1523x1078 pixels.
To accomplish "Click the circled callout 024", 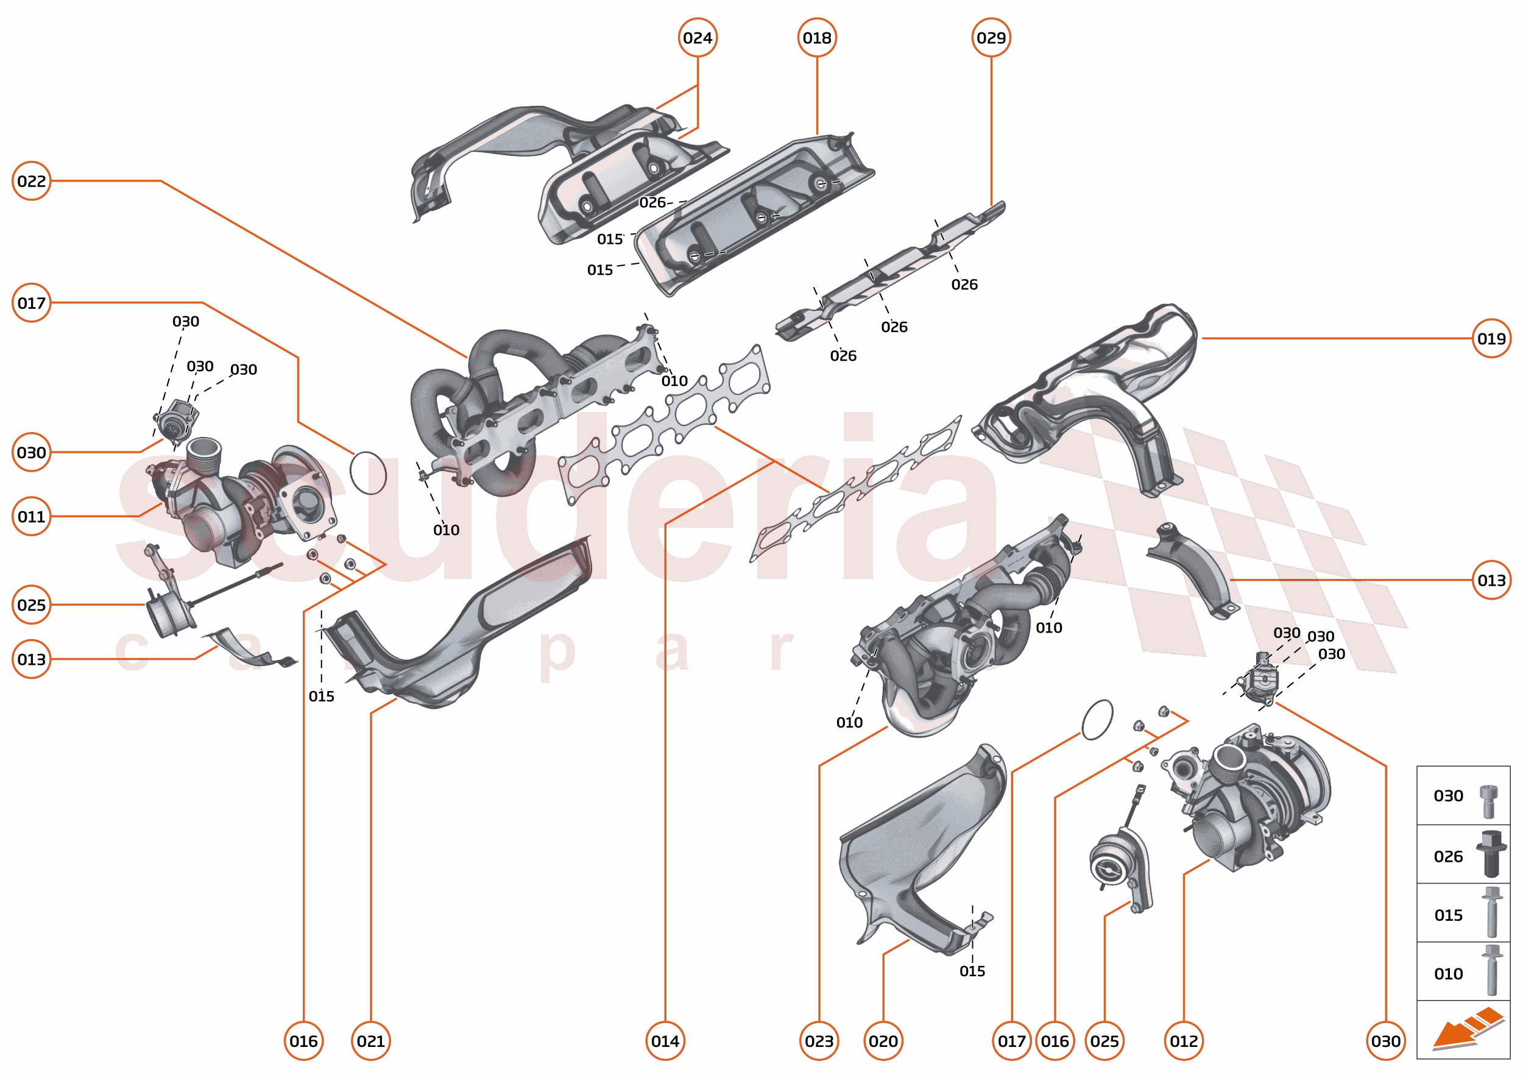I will (697, 38).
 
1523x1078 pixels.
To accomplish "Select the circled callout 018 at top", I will (816, 38).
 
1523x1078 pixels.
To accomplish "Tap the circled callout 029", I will (991, 38).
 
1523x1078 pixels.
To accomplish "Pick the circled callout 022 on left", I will (31, 180).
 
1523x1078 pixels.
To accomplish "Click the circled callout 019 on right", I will (1491, 339).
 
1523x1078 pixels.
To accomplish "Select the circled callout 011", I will (31, 516).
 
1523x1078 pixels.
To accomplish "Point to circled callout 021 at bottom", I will (370, 1041).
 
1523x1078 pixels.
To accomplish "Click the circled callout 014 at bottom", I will (665, 1041).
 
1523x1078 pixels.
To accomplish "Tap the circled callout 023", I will (819, 1041).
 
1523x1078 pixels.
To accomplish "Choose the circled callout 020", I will (883, 1041).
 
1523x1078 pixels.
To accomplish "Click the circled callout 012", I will (1184, 1041).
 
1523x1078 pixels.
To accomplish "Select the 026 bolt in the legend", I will (1491, 855).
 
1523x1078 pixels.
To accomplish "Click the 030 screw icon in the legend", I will (1488, 801).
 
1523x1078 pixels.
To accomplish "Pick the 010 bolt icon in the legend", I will (1492, 971).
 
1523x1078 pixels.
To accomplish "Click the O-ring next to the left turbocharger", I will (367, 473).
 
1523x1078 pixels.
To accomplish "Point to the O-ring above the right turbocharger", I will (1097, 720).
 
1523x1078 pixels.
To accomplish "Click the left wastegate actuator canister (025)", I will (169, 612).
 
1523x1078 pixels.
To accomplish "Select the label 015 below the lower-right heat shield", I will (972, 971).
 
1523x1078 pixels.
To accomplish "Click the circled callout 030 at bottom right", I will (1386, 1041).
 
